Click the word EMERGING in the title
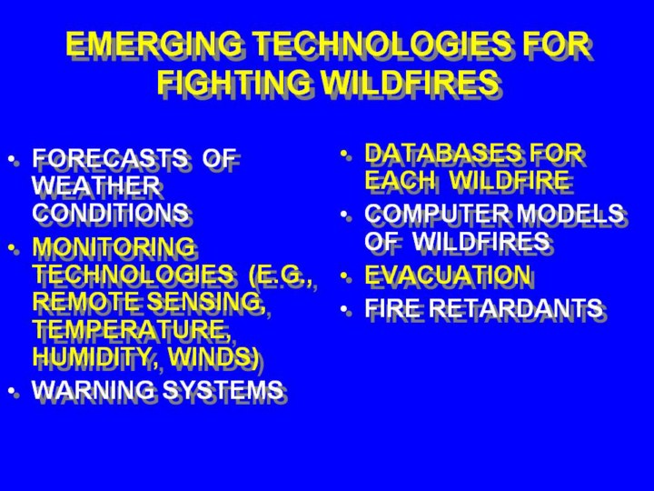tap(154, 44)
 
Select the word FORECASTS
tap(110, 158)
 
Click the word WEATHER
tap(96, 185)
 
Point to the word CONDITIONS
tap(110, 213)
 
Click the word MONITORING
tap(114, 246)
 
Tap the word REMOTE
tap(87, 301)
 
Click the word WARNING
tap(93, 389)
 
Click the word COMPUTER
tap(437, 214)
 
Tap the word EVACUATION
tap(448, 275)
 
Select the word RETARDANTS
tap(516, 307)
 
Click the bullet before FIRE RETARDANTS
tap(343, 309)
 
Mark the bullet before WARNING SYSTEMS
tap(11, 390)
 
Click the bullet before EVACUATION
tap(343, 276)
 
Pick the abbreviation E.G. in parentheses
tap(281, 275)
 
